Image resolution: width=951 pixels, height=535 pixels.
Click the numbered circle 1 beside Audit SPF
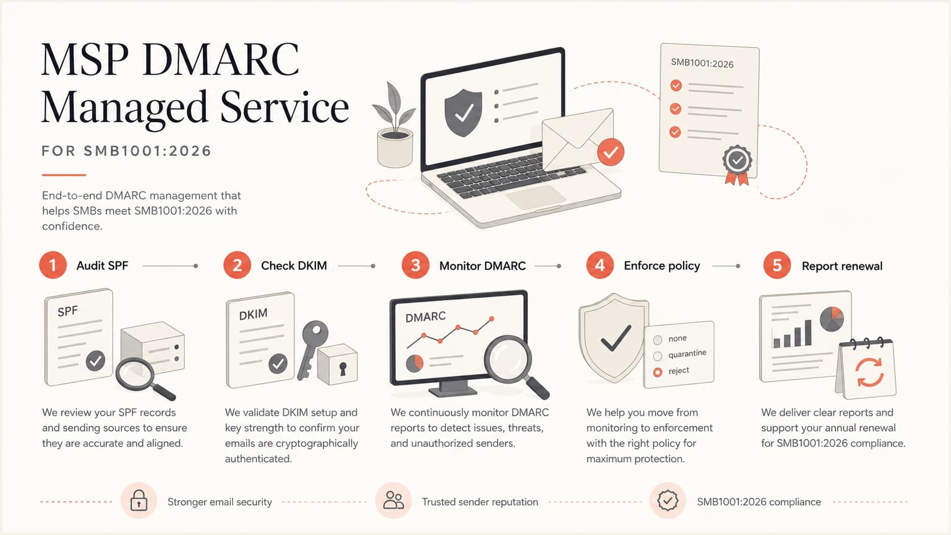tap(53, 265)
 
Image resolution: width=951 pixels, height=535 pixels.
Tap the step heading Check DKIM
tap(294, 266)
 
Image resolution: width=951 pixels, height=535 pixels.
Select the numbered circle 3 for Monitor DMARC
tap(415, 265)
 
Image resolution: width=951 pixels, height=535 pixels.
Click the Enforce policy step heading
tap(662, 266)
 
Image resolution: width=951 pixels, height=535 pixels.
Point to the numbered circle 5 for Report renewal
tap(777, 265)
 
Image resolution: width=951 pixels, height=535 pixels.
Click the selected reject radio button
tap(658, 372)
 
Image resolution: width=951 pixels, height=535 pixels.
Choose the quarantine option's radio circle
tap(658, 355)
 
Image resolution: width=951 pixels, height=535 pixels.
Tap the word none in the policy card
tap(677, 338)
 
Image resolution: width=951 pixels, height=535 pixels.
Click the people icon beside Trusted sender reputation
tap(394, 500)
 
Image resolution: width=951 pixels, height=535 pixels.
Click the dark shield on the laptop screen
tap(463, 113)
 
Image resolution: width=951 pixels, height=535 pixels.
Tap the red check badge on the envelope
tap(610, 152)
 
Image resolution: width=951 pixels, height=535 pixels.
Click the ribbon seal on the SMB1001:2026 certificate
tap(737, 165)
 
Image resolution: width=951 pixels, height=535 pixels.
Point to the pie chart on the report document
tap(832, 320)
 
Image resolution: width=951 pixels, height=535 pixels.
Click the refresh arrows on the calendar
tap(870, 372)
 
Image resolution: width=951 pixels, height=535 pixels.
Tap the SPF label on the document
tap(68, 312)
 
